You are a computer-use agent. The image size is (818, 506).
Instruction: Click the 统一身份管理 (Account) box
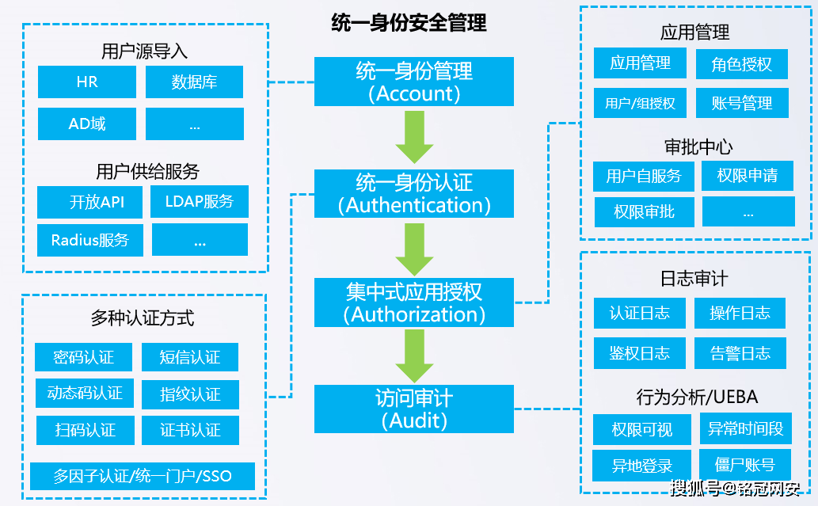[x=414, y=82]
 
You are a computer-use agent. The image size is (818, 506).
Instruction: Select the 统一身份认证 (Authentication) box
[x=414, y=194]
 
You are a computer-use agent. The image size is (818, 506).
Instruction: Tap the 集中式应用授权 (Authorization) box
[x=414, y=302]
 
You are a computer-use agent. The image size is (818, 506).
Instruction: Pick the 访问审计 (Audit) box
[x=414, y=409]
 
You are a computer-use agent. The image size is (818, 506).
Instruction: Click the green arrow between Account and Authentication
[x=414, y=137]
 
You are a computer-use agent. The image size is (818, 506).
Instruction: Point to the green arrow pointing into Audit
[x=414, y=356]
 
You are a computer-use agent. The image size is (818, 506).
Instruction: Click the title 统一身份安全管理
[x=409, y=23]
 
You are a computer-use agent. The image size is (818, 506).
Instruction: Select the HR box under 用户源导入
[x=87, y=82]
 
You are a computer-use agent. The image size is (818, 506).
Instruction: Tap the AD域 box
[x=87, y=124]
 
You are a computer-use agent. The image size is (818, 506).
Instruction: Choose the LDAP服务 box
[x=200, y=202]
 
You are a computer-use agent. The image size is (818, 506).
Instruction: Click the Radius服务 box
[x=90, y=240]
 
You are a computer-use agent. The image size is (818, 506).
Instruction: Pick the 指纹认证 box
[x=190, y=394]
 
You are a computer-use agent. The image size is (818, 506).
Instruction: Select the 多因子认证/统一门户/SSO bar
[x=143, y=477]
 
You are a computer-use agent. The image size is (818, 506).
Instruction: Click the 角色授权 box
[x=741, y=64]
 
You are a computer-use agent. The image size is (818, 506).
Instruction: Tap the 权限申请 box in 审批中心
[x=748, y=176]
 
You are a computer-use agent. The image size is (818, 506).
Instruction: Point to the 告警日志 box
[x=740, y=353]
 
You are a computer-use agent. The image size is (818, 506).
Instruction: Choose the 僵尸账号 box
[x=744, y=465]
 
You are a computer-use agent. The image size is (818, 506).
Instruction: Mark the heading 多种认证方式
[x=143, y=318]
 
